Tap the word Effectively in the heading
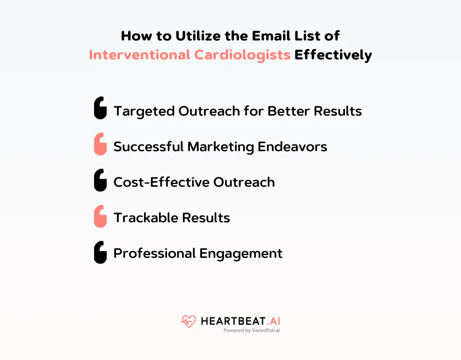coord(333,55)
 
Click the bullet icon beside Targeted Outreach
coord(100,108)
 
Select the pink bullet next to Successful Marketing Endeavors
coord(100,144)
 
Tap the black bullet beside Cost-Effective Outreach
coord(100,180)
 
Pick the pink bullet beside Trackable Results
coord(100,216)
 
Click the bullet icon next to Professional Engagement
coord(100,252)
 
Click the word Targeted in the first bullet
coord(144,111)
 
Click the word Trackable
coord(140,218)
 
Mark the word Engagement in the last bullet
coord(241,254)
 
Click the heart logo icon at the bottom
coord(188,321)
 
